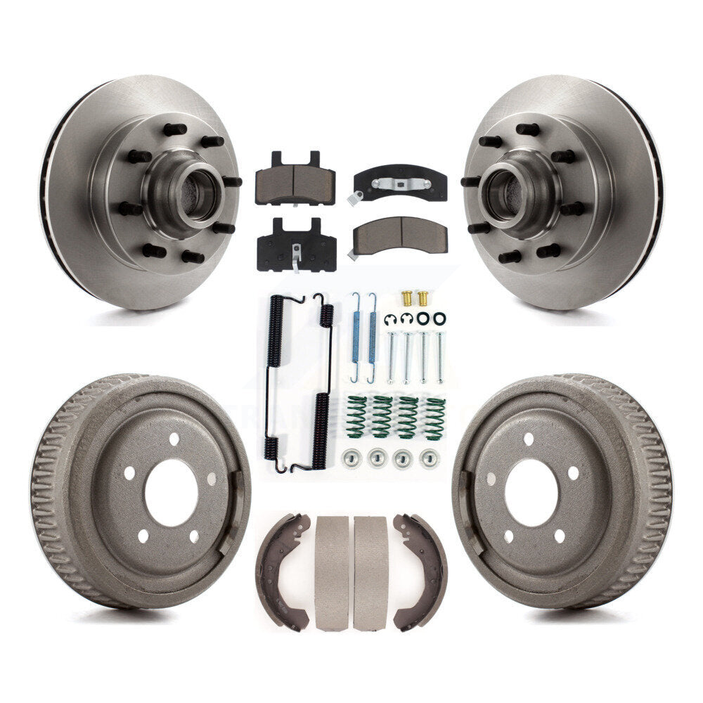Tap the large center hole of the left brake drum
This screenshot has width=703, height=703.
coord(170,492)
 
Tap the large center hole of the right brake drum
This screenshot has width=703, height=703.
coord(531,492)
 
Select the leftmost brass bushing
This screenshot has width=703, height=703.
coord(406,297)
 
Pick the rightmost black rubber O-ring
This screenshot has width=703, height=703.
coord(439,318)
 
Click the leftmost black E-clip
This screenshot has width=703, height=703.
coord(389,320)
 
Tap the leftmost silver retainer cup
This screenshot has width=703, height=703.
coord(349,458)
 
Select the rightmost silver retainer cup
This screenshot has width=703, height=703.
coord(428,458)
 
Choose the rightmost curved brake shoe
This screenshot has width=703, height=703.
coord(420,569)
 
